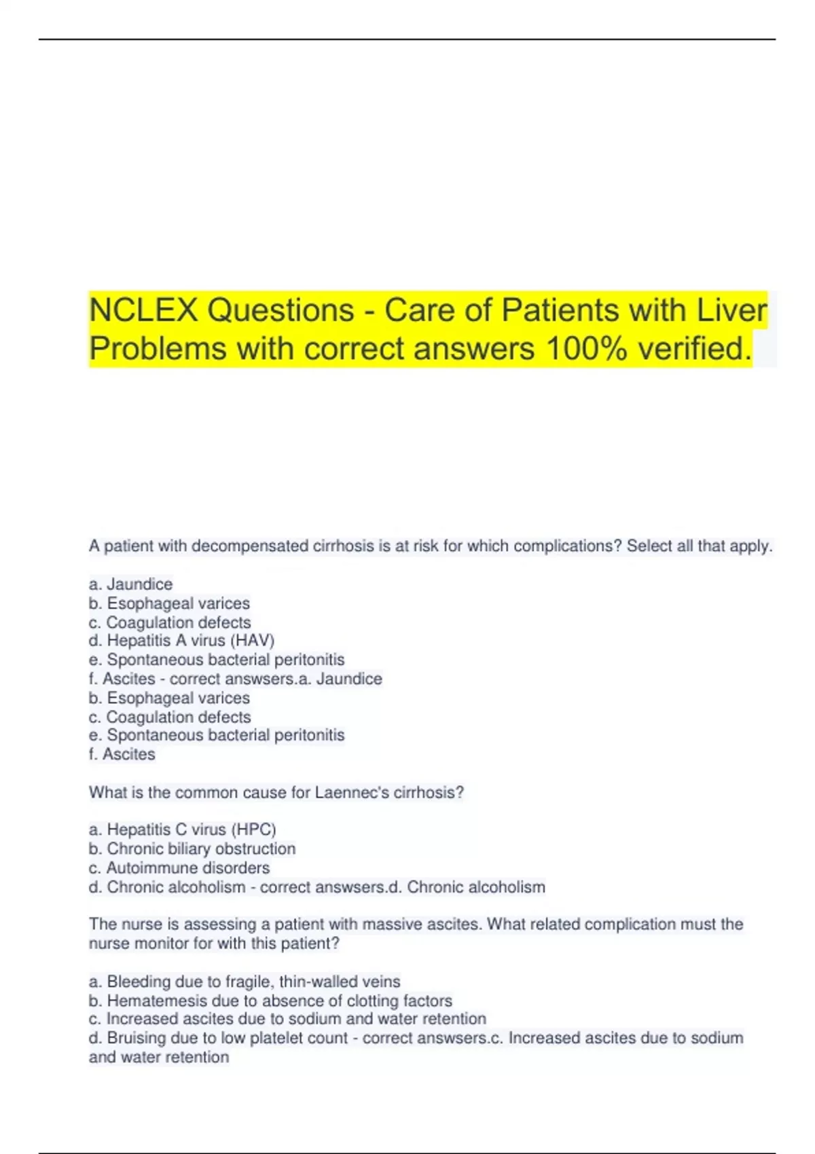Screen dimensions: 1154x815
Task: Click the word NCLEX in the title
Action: click(143, 311)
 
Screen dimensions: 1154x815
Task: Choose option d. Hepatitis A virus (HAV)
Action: click(181, 641)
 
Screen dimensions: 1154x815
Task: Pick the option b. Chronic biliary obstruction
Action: click(192, 849)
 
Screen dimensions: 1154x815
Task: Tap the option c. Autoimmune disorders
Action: click(179, 868)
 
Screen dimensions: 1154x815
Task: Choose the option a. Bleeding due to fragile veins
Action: click(244, 982)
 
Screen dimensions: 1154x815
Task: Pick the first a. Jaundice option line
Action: click(131, 584)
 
